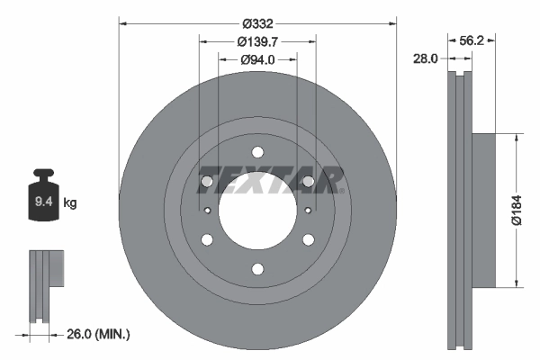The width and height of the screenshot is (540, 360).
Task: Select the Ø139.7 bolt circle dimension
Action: [x=257, y=41]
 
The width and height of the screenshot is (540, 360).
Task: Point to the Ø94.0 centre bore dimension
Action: [x=257, y=59]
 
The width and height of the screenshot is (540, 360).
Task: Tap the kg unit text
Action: [x=70, y=203]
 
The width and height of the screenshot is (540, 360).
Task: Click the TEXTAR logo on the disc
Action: [x=270, y=180]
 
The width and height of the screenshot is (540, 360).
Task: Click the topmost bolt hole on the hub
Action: [x=257, y=152]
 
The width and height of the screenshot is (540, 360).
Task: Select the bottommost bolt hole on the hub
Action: [x=257, y=269]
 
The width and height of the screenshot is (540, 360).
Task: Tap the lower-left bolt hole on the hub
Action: [x=207, y=239]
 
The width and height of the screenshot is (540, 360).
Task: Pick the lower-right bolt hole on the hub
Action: [x=309, y=239]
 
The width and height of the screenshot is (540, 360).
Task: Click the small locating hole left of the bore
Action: [x=208, y=211]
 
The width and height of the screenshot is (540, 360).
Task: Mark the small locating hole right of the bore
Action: [x=308, y=211]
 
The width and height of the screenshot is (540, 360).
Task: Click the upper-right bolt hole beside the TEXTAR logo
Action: [x=309, y=182]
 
